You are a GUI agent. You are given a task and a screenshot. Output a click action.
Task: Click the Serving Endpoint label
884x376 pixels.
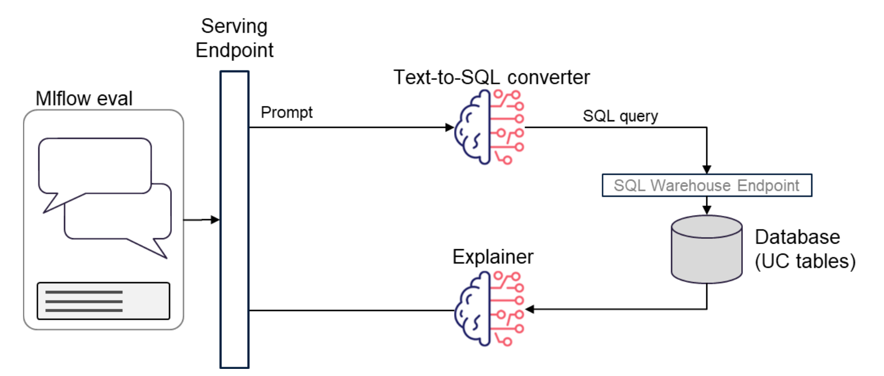click(235, 38)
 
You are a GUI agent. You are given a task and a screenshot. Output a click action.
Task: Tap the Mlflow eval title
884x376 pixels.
click(84, 98)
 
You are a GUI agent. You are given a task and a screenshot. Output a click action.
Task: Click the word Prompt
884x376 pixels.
click(287, 113)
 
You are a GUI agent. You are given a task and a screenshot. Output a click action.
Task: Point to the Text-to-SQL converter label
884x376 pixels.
click(492, 77)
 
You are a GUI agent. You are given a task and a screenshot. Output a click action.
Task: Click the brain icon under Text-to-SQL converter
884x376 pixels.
click(490, 127)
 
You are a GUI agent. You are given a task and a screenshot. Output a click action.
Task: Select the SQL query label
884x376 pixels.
click(620, 116)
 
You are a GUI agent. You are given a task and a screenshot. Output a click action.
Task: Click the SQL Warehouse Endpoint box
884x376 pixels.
click(707, 185)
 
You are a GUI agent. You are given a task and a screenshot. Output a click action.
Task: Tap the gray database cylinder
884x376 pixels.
click(707, 249)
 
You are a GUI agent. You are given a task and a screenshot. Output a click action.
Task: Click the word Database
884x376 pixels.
click(797, 237)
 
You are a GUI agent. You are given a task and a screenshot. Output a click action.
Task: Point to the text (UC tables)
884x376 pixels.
click(805, 261)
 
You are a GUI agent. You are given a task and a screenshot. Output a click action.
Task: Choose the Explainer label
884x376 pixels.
click(493, 257)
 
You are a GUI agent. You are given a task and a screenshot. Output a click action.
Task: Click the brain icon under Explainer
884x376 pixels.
click(490, 309)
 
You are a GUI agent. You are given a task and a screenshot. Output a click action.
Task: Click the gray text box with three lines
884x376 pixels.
click(103, 301)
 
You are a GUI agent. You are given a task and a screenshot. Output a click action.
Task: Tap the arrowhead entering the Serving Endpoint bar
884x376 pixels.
click(215, 220)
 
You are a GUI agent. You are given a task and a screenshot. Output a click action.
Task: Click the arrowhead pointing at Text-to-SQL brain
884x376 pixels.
click(450, 127)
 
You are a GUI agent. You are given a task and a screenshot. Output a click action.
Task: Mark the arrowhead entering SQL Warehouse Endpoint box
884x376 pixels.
click(707, 169)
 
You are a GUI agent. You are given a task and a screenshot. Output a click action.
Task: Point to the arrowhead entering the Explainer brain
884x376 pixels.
click(530, 309)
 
